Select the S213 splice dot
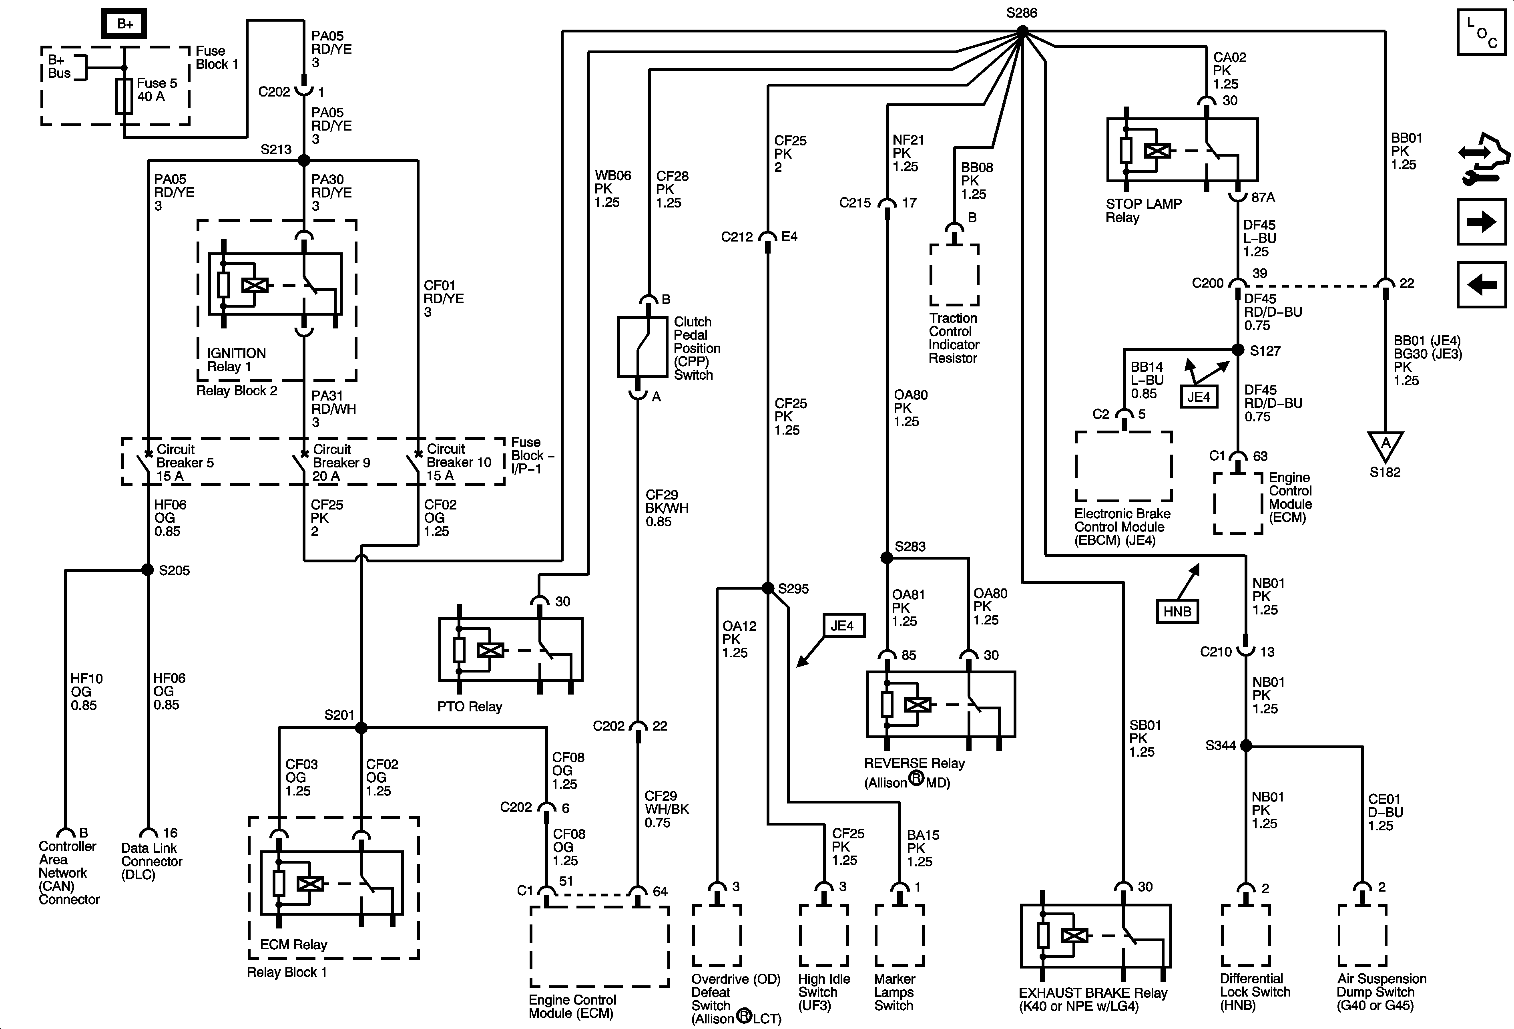point(303,160)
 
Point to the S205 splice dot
point(148,570)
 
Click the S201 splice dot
point(361,727)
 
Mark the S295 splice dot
point(768,588)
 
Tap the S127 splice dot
point(1238,350)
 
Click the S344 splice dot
point(1246,745)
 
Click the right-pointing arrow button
point(1482,222)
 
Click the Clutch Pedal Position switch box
point(643,347)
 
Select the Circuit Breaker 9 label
point(341,462)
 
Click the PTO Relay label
point(470,707)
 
